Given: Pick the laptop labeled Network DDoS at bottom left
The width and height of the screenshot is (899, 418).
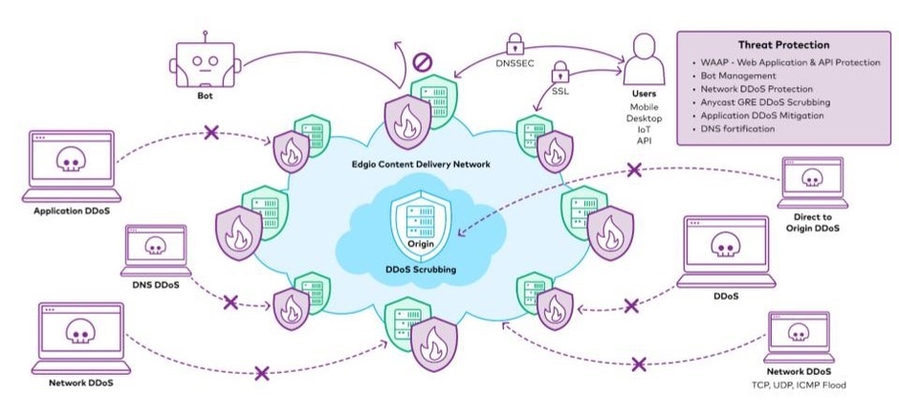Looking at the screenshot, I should (80, 335).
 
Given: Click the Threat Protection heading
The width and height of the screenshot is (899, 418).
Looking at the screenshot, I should (783, 45).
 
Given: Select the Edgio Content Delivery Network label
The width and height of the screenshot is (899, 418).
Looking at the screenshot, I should (421, 165).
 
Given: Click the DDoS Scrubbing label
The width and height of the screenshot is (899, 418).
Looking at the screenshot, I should (421, 270).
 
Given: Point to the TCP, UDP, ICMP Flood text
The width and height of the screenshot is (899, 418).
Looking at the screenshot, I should (799, 385).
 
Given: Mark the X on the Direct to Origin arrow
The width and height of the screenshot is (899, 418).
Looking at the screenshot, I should (633, 171).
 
